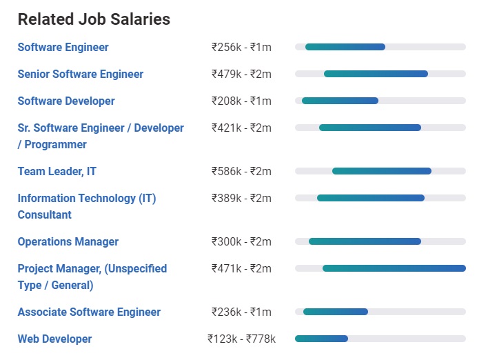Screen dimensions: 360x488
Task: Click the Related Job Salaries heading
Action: coord(94,19)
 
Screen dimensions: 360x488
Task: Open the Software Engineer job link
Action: coord(63,47)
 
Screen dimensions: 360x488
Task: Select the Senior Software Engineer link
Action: coord(81,74)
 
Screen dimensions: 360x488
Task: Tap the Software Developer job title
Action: coord(66,101)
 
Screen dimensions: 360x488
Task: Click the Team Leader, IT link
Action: coord(57,171)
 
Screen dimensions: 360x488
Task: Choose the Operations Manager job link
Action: coord(68,241)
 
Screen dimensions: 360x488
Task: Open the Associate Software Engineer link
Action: coord(89,312)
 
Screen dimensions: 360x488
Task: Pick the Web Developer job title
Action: coord(54,339)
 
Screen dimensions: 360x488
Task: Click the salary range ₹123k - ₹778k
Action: coord(241,339)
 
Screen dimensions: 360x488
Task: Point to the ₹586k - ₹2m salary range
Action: coord(241,171)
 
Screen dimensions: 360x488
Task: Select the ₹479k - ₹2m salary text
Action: coord(241,74)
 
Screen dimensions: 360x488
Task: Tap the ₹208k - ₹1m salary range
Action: coord(241,101)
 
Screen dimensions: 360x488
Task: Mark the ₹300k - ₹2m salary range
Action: coord(241,241)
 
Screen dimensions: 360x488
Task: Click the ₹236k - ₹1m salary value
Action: coord(241,312)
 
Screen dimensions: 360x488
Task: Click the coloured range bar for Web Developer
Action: coord(321,339)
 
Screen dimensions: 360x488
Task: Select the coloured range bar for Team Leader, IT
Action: coord(382,171)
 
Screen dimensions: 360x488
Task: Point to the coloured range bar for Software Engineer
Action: coord(345,47)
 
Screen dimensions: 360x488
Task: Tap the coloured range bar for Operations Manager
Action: coord(365,241)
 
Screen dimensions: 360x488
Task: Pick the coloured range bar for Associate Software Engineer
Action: coord(336,312)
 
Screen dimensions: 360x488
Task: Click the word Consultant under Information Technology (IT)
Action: coord(45,214)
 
